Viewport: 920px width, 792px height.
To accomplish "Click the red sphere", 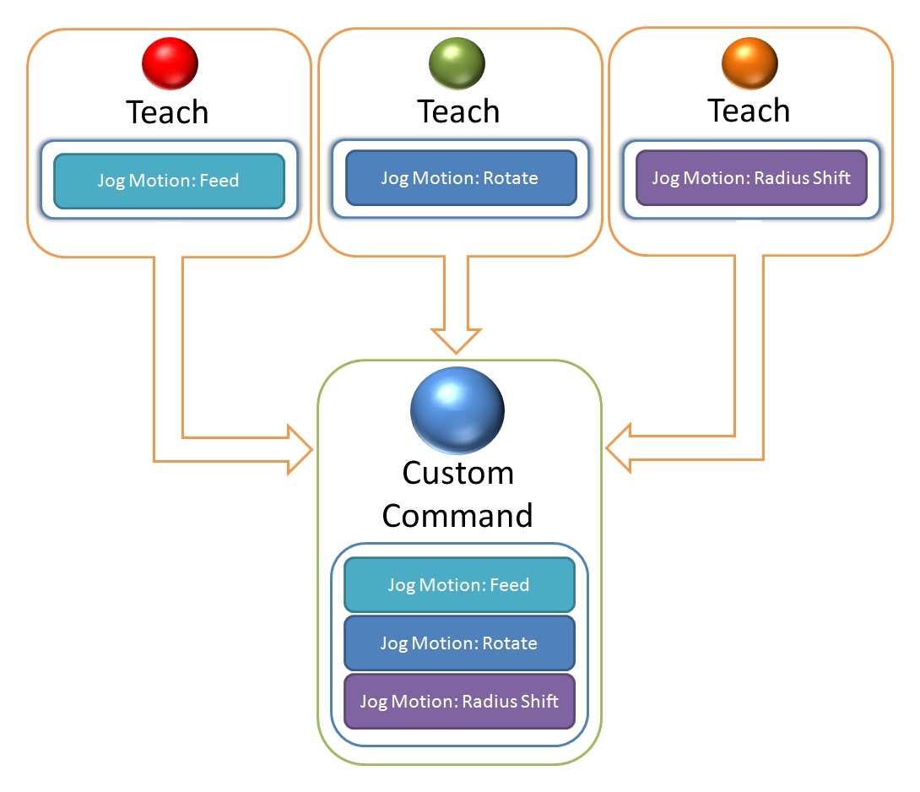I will pyautogui.click(x=170, y=62).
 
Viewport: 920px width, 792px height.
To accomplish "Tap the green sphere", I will pyautogui.click(x=457, y=62).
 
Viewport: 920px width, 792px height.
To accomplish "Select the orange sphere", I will pyautogui.click(x=750, y=62).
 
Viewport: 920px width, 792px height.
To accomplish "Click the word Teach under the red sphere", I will pyautogui.click(x=167, y=111).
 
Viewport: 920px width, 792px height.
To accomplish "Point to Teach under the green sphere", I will pyautogui.click(x=458, y=111).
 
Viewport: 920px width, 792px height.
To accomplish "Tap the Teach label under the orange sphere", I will pyautogui.click(x=749, y=111).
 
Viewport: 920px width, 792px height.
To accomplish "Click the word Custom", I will pyautogui.click(x=457, y=473).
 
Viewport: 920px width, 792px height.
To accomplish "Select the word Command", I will pyautogui.click(x=457, y=515).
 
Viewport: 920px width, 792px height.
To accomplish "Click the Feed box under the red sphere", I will pyautogui.click(x=168, y=181).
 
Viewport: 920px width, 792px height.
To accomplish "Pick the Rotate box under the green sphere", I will pyautogui.click(x=460, y=178).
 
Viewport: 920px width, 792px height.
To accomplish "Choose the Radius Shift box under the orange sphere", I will pyautogui.click(x=750, y=178).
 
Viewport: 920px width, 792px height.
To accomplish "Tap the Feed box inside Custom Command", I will pyautogui.click(x=458, y=585).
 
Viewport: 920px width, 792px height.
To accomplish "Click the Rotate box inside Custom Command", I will pyautogui.click(x=458, y=643).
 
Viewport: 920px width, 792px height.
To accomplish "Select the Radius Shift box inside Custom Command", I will pyautogui.click(x=458, y=701).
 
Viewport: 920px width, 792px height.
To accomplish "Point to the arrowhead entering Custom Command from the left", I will pyautogui.click(x=299, y=449).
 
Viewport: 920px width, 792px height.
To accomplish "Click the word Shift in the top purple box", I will pyautogui.click(x=828, y=178).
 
